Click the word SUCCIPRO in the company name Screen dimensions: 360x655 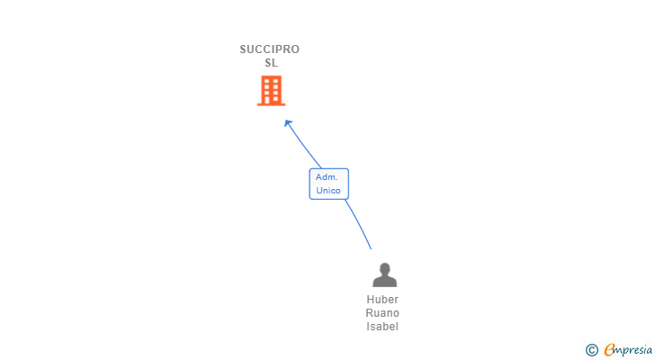[269, 49]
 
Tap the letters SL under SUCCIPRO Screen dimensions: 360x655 [271, 63]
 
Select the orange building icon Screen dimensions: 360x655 [271, 90]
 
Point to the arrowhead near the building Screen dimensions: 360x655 [287, 123]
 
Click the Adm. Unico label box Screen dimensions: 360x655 [328, 184]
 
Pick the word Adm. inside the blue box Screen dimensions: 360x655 [326, 177]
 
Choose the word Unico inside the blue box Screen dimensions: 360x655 [327, 191]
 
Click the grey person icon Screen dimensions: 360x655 [384, 274]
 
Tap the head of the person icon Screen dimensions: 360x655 [384, 268]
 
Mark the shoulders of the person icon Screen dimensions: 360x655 [384, 282]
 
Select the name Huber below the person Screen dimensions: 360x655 [382, 300]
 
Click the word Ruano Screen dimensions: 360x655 [382, 313]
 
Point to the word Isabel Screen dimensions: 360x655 [382, 327]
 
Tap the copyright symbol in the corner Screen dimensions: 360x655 [591, 350]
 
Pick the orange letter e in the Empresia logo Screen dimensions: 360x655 [609, 350]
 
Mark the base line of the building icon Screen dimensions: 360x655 [271, 104]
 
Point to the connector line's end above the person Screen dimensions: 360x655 [371, 248]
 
